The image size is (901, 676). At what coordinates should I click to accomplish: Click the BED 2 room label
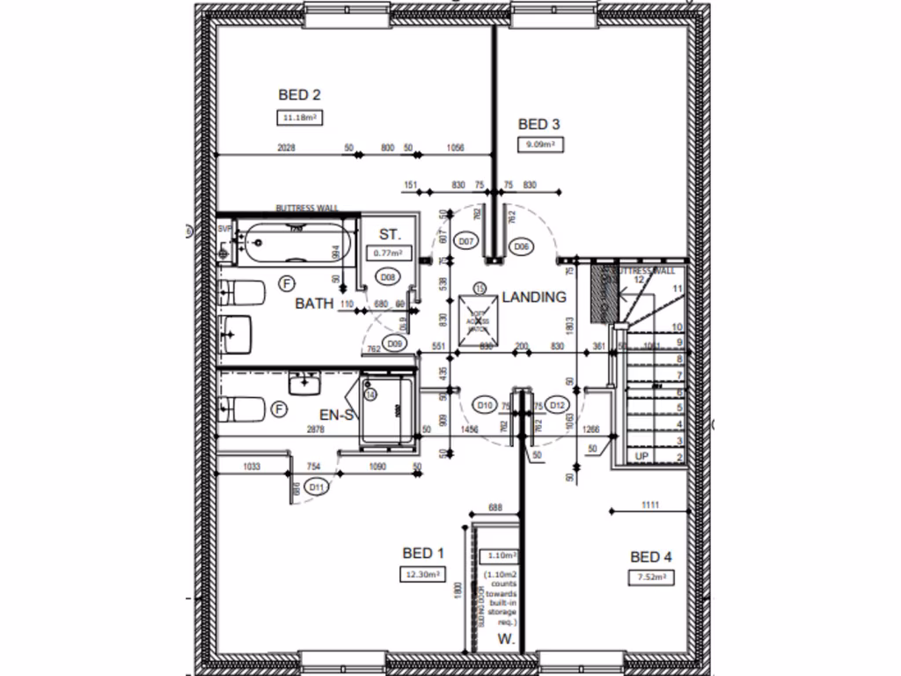point(299,95)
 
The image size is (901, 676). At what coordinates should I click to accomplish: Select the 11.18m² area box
point(299,117)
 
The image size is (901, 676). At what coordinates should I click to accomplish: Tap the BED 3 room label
point(538,123)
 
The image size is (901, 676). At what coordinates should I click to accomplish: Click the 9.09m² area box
point(538,144)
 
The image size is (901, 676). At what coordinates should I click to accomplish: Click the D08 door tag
point(385,277)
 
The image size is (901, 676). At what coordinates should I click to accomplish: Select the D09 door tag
point(394,343)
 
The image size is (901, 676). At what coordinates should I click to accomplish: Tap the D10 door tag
point(484,405)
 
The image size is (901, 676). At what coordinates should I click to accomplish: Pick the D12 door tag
point(556,405)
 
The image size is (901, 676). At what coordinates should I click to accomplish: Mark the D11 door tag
point(318,485)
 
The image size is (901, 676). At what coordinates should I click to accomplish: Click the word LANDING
point(533,298)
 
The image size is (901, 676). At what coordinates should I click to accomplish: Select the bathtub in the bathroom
point(297,242)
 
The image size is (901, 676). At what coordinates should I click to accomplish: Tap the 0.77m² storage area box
point(388,253)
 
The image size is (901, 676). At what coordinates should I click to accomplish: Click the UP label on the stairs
point(641,458)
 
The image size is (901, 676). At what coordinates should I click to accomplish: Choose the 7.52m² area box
point(651,577)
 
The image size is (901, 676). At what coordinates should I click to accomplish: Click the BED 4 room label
point(651,556)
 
